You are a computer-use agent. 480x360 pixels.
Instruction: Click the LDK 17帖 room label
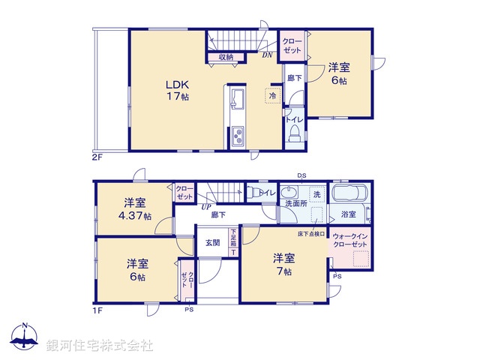(x=177, y=90)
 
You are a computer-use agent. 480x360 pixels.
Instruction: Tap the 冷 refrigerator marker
(x=272, y=95)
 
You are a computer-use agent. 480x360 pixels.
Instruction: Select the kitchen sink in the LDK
(x=237, y=100)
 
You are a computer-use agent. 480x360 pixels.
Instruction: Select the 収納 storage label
(x=226, y=57)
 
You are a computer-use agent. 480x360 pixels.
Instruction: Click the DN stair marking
(x=267, y=55)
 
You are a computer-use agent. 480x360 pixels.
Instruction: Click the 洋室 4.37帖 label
(x=136, y=209)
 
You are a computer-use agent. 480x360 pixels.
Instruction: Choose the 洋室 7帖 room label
(x=283, y=263)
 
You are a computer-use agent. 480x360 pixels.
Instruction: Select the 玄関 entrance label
(x=212, y=241)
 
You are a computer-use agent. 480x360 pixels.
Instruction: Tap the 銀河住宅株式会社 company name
(x=100, y=345)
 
